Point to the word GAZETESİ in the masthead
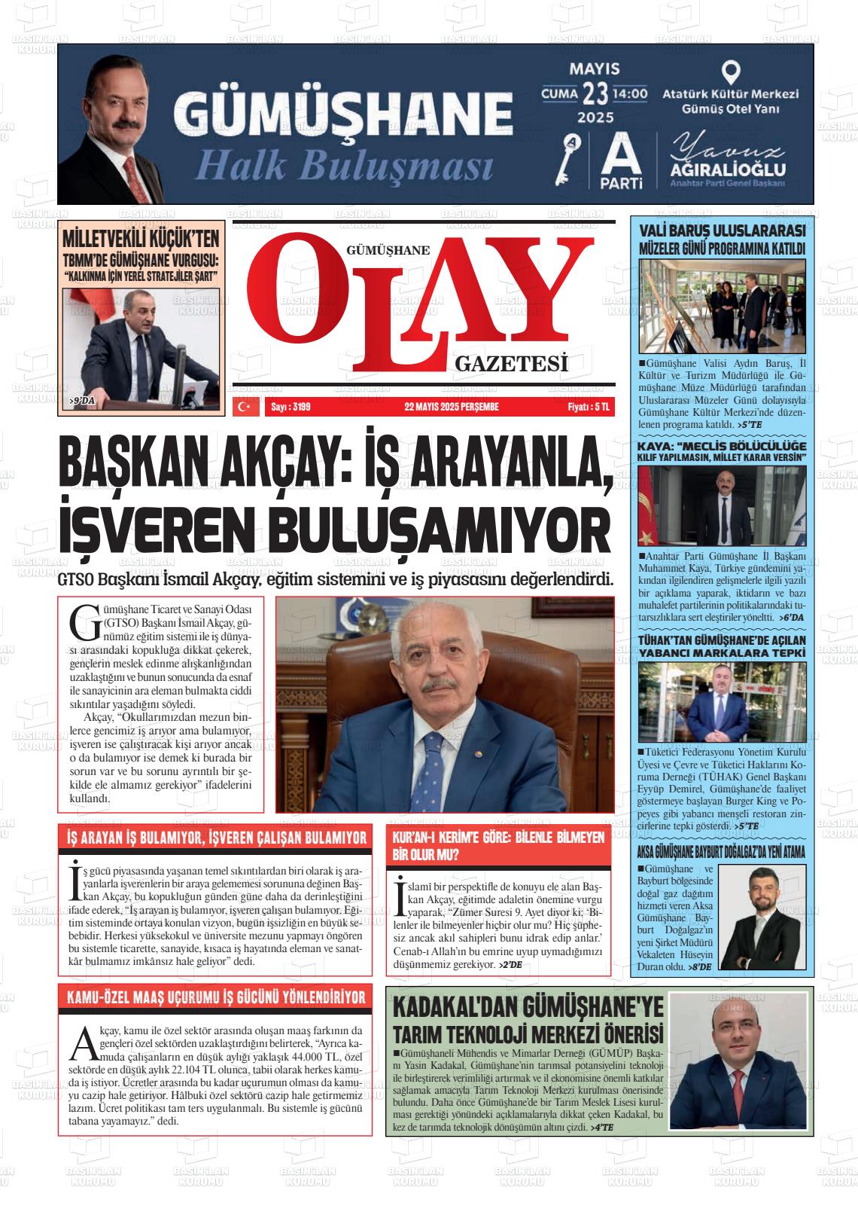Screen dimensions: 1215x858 click(511, 365)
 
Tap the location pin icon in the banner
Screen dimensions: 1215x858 click(730, 72)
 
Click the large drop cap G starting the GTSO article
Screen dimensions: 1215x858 click(81, 620)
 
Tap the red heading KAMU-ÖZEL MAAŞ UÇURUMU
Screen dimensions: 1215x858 click(216, 997)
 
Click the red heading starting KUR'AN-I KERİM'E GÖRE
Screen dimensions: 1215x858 click(498, 845)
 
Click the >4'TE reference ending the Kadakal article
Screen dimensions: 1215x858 click(604, 1127)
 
